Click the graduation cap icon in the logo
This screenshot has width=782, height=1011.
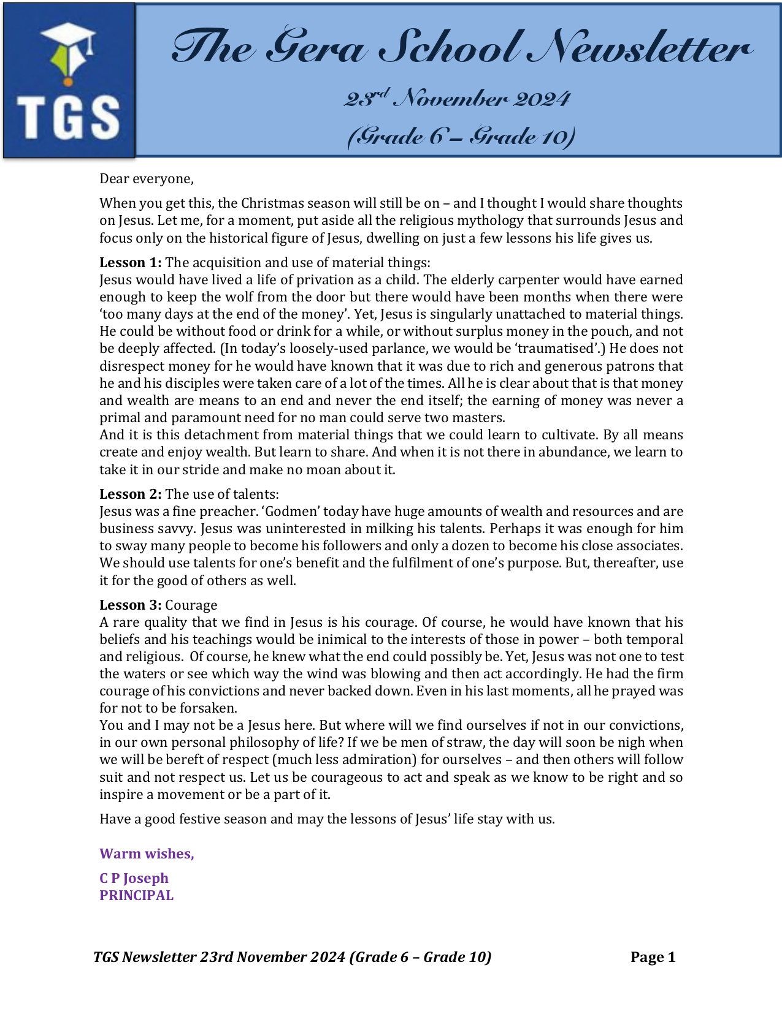(x=69, y=49)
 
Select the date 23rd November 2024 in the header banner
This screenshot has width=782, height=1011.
(x=457, y=98)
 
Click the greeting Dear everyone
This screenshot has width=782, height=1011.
(x=147, y=179)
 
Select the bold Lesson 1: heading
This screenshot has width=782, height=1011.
(x=131, y=263)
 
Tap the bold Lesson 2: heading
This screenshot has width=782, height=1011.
(x=131, y=494)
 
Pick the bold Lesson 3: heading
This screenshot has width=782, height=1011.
(x=131, y=605)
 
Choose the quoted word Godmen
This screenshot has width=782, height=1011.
(x=291, y=512)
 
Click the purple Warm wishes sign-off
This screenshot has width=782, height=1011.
(x=147, y=854)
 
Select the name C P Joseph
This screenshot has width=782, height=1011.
(x=134, y=879)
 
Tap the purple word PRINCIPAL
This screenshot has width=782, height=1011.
(x=136, y=896)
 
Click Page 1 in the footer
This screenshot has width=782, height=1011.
(x=653, y=958)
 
